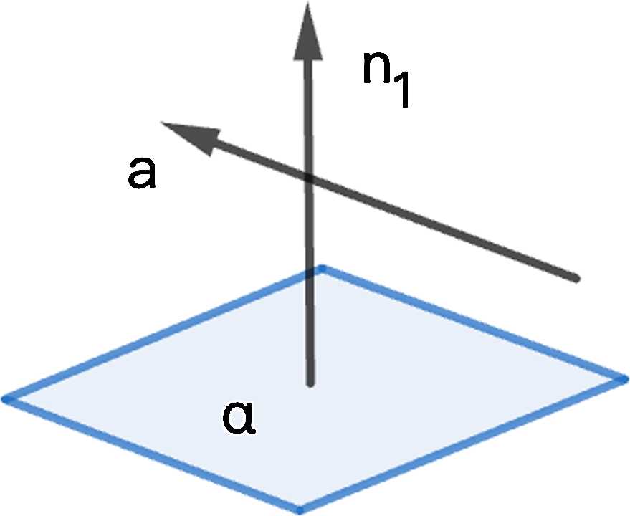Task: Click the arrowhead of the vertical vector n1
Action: click(x=307, y=29)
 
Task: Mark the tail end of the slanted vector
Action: click(x=575, y=277)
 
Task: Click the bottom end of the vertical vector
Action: click(x=310, y=384)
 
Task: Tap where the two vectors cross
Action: click(x=308, y=177)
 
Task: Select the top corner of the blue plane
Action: click(x=322, y=269)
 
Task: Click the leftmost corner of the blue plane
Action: click(x=6, y=398)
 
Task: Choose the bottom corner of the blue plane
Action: click(x=300, y=510)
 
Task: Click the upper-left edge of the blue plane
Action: click(x=163, y=333)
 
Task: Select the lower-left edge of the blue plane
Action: click(x=153, y=454)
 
